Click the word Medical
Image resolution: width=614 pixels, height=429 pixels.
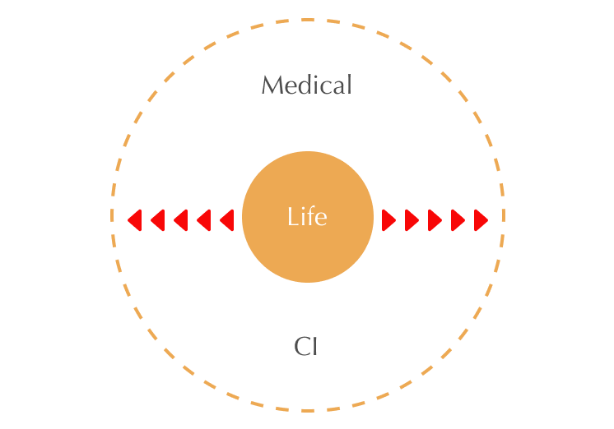click(x=306, y=85)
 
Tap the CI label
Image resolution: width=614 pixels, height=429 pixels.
click(x=306, y=347)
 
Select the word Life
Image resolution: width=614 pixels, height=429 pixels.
click(x=307, y=217)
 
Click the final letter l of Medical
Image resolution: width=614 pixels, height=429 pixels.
click(x=349, y=84)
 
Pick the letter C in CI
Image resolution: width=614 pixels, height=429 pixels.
click(x=301, y=347)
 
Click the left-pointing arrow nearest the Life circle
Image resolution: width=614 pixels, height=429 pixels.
click(x=227, y=220)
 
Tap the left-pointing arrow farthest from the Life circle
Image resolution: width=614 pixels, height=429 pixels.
click(x=134, y=220)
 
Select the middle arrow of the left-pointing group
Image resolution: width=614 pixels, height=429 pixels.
click(x=180, y=220)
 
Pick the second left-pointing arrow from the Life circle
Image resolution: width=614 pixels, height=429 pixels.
click(x=204, y=220)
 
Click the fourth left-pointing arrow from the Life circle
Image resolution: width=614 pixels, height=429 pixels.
click(x=157, y=220)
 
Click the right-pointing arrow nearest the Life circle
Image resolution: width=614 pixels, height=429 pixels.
click(x=389, y=220)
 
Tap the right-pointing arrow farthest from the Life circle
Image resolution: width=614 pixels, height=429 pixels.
click(x=481, y=220)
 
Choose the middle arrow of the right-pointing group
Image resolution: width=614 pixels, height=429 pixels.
click(x=435, y=220)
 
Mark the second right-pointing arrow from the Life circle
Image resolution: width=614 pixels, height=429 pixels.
click(x=412, y=220)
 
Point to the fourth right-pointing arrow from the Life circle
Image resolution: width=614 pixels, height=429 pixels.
click(x=458, y=220)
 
